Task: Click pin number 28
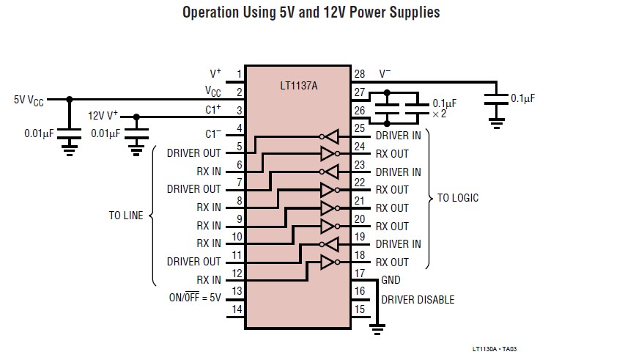tap(359, 74)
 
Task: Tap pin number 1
tap(239, 74)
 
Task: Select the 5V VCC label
tap(29, 100)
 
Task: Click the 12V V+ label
tap(103, 116)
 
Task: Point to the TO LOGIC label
tap(458, 198)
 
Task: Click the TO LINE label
tap(127, 216)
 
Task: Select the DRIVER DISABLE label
tap(418, 299)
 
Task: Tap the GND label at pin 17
tap(391, 280)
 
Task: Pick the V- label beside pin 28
tap(385, 74)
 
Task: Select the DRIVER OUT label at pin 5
tap(193, 153)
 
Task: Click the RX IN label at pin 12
tap(208, 280)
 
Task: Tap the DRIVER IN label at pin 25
tap(398, 136)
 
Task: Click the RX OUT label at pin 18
tap(392, 262)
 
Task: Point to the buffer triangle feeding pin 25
tap(330, 136)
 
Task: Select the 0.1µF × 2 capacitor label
tap(445, 109)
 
